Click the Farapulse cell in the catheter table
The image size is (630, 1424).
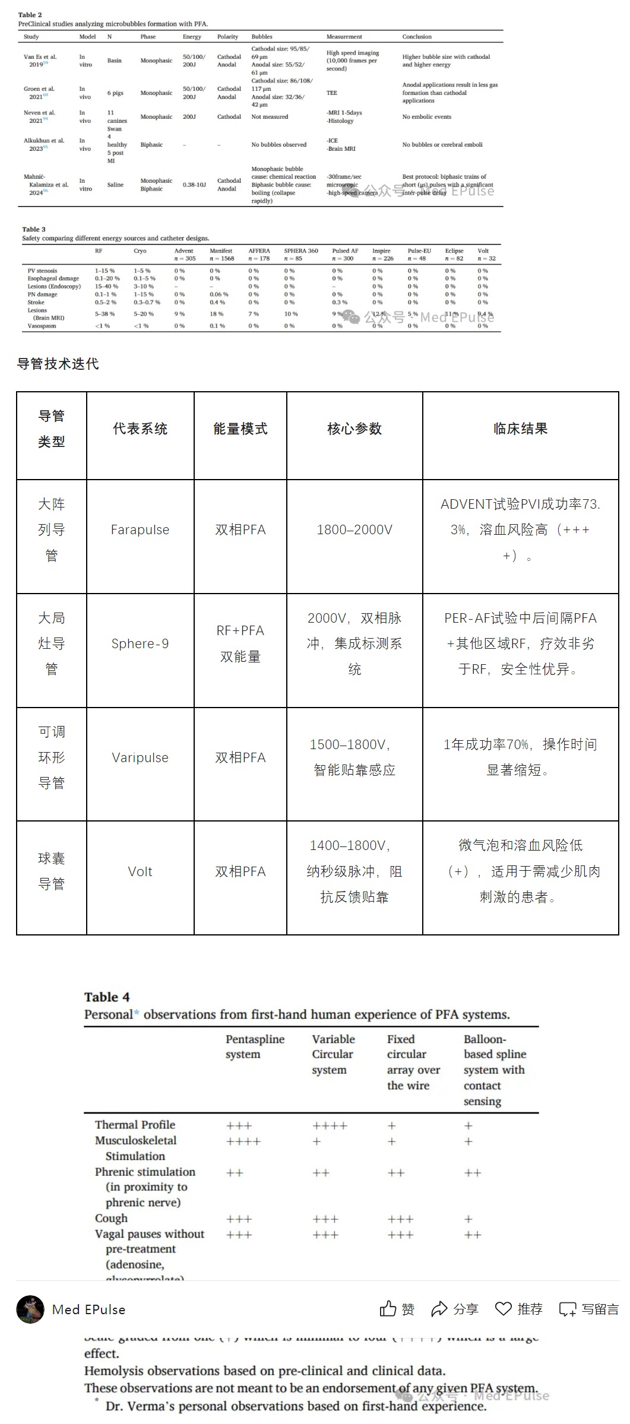click(x=140, y=529)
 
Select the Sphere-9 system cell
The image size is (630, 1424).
click(x=140, y=643)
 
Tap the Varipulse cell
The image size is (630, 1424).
click(x=140, y=757)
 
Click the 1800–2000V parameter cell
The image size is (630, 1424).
click(x=354, y=529)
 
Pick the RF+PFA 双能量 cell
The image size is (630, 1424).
click(x=240, y=643)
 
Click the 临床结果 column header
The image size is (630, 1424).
click(x=520, y=429)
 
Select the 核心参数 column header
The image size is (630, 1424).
click(x=354, y=429)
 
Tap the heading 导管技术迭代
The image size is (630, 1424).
click(x=58, y=364)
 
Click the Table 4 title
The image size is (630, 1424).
click(x=107, y=997)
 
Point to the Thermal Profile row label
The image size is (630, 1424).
click(x=135, y=1124)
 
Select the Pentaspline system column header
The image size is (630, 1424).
click(x=255, y=1046)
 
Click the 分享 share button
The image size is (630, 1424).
click(x=455, y=1309)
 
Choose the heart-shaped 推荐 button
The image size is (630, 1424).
click(x=519, y=1309)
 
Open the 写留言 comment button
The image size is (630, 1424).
click(x=588, y=1309)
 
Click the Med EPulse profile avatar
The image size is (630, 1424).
click(x=30, y=1309)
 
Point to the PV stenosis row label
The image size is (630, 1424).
click(x=42, y=271)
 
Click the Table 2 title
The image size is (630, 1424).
click(x=30, y=15)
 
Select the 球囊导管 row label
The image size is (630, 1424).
click(x=52, y=871)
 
